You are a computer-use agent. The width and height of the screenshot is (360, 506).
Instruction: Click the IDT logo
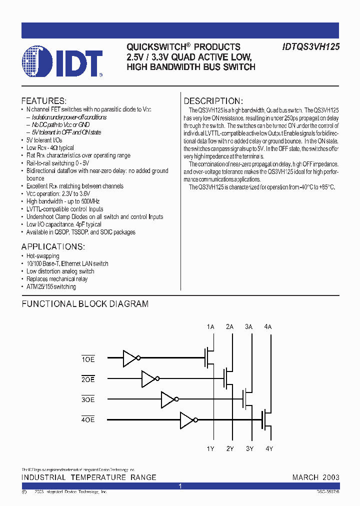pyautogui.click(x=62, y=62)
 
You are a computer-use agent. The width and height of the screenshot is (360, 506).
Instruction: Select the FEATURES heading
pyautogui.click(x=44, y=100)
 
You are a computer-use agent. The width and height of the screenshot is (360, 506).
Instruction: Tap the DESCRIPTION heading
pyautogui.click(x=213, y=100)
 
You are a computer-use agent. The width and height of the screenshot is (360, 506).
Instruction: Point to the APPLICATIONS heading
pyautogui.click(x=53, y=247)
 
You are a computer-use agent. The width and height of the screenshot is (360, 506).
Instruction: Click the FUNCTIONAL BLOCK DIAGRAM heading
pyautogui.click(x=85, y=303)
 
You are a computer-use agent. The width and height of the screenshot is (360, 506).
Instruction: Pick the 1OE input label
pyautogui.click(x=87, y=359)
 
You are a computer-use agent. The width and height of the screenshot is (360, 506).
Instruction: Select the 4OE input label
pyautogui.click(x=87, y=419)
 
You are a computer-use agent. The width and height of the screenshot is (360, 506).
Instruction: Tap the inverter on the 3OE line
pyautogui.click(x=169, y=399)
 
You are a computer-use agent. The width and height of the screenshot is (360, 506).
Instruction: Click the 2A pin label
pyautogui.click(x=229, y=326)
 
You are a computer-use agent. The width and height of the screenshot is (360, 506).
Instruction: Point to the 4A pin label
pyautogui.click(x=268, y=326)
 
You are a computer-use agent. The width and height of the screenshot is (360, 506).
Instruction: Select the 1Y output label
pyautogui.click(x=210, y=448)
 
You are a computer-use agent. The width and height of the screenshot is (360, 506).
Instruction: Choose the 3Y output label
pyautogui.click(x=249, y=448)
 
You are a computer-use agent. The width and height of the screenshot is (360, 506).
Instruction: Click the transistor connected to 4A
pyautogui.click(x=265, y=419)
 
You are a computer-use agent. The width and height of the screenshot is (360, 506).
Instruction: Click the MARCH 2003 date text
pyautogui.click(x=315, y=477)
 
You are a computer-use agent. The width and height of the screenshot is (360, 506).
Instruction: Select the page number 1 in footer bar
pyautogui.click(x=180, y=486)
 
